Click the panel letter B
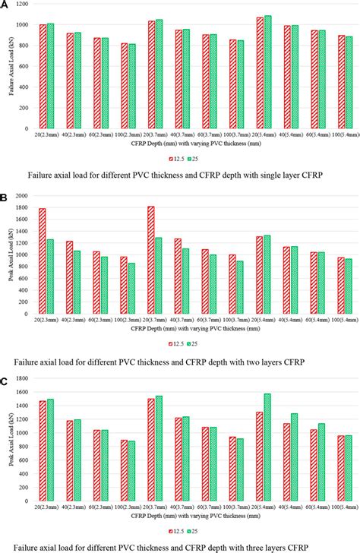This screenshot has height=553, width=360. (x=5, y=196)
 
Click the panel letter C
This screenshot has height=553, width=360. (x=5, y=374)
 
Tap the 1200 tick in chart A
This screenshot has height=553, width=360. (x=22, y=5)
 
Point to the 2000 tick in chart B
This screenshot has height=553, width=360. (x=22, y=196)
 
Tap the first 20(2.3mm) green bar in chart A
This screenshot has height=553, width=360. (x=51, y=76)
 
